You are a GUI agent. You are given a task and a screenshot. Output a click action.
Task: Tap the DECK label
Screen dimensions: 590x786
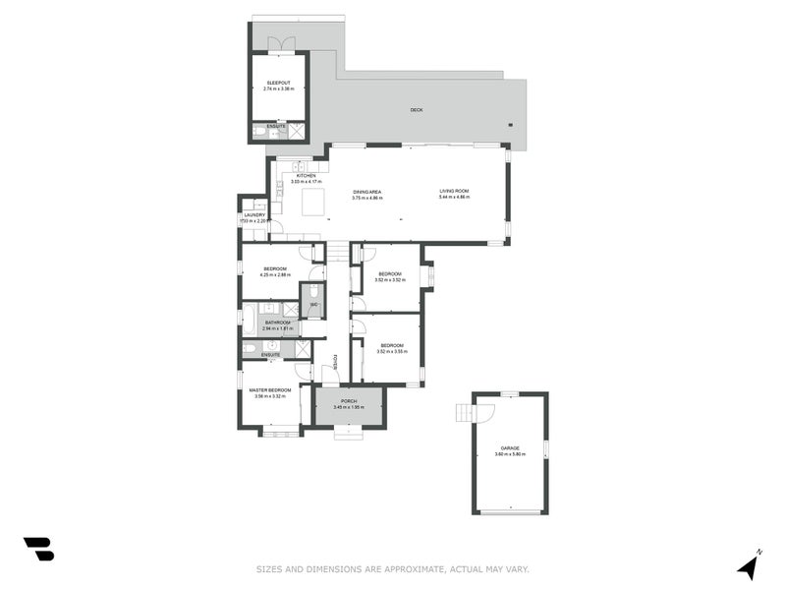click(417, 110)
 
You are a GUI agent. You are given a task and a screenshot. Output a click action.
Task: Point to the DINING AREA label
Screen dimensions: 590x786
click(367, 192)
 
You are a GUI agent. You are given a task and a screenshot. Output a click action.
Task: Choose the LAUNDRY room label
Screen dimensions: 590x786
click(254, 214)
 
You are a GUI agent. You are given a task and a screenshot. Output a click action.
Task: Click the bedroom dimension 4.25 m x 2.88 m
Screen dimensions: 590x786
click(275, 274)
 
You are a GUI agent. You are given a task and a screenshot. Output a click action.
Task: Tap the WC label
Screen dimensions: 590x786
click(313, 305)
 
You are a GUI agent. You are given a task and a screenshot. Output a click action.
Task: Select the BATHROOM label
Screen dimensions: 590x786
click(277, 323)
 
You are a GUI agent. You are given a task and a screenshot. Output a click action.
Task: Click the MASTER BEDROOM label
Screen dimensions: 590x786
click(269, 390)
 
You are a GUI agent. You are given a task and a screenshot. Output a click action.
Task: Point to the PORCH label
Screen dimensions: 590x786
click(349, 401)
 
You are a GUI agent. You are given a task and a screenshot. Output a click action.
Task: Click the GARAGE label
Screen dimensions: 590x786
click(510, 448)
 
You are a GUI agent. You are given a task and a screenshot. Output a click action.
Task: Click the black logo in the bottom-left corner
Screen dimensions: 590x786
click(38, 549)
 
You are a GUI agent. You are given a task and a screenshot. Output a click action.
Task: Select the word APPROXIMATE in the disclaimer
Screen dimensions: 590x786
click(406, 567)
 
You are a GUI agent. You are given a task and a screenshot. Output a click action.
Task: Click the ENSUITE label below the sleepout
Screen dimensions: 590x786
click(275, 126)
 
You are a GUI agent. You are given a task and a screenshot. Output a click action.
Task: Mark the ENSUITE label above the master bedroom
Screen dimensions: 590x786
click(270, 354)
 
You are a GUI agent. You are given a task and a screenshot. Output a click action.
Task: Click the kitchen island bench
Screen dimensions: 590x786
click(312, 203)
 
